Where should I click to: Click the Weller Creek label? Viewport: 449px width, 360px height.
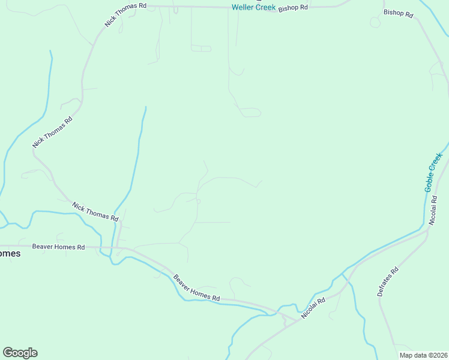253,8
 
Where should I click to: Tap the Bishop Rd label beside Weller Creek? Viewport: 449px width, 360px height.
294,7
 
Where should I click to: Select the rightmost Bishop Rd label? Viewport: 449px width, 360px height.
398,13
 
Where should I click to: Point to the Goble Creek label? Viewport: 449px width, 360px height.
433,172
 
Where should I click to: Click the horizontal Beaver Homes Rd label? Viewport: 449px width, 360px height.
59,247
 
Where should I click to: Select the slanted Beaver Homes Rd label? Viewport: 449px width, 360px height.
196,288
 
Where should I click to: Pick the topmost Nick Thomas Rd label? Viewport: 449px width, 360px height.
125,14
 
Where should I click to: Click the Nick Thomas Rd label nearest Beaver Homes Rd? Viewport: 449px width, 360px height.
95,212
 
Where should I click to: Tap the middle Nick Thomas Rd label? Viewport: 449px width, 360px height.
53,132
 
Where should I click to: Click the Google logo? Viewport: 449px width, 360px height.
20,353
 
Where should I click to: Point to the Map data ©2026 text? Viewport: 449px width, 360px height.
423,355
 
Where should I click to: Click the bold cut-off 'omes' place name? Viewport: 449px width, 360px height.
10,254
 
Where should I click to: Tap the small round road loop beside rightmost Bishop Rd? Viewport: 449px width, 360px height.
375,23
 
